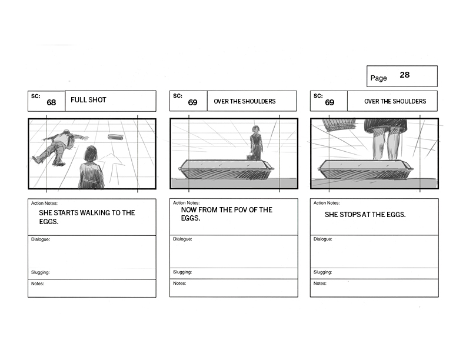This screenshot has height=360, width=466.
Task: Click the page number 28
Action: click(x=404, y=75)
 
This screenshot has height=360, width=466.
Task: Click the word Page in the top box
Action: click(x=378, y=78)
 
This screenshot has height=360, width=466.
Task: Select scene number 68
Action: click(x=51, y=102)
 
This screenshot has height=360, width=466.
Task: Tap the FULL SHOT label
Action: click(x=88, y=100)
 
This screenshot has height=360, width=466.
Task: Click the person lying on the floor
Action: click(x=59, y=146)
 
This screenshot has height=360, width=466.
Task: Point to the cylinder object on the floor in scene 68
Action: click(x=115, y=137)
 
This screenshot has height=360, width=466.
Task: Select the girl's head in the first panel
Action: click(x=90, y=155)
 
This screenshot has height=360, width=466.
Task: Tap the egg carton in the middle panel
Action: click(x=226, y=169)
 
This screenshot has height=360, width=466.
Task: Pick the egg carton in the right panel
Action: click(x=365, y=169)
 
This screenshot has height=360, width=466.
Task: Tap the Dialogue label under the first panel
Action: click(x=41, y=239)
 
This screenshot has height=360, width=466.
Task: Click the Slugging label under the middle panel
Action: click(x=182, y=272)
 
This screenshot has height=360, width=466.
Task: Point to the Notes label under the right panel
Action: click(x=319, y=284)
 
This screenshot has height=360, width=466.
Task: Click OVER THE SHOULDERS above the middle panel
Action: click(x=245, y=101)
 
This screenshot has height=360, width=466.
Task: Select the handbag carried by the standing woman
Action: click(x=249, y=156)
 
